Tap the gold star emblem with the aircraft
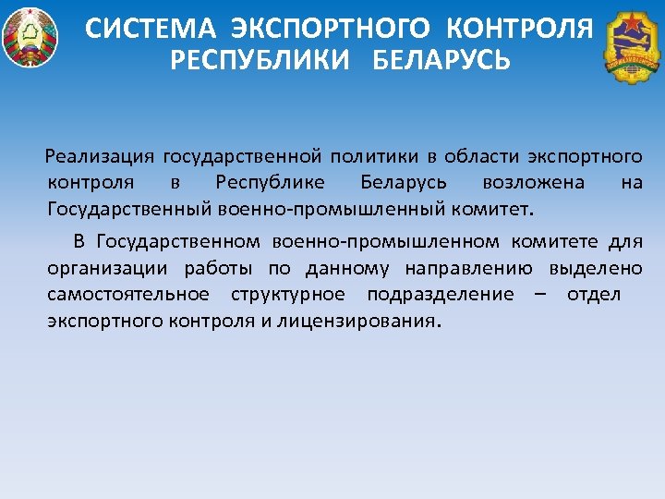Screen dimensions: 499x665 633,46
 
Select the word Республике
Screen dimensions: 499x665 269,182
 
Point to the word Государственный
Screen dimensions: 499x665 130,208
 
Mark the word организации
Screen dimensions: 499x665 107,268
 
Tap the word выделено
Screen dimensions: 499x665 596,268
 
